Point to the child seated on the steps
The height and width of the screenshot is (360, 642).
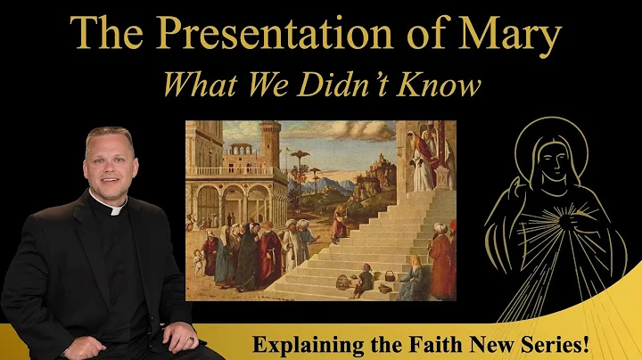tap(364, 282)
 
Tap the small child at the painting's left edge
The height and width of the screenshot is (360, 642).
tap(197, 259)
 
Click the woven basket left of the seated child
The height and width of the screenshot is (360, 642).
tap(342, 283)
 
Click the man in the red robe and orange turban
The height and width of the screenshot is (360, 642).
tap(440, 263)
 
